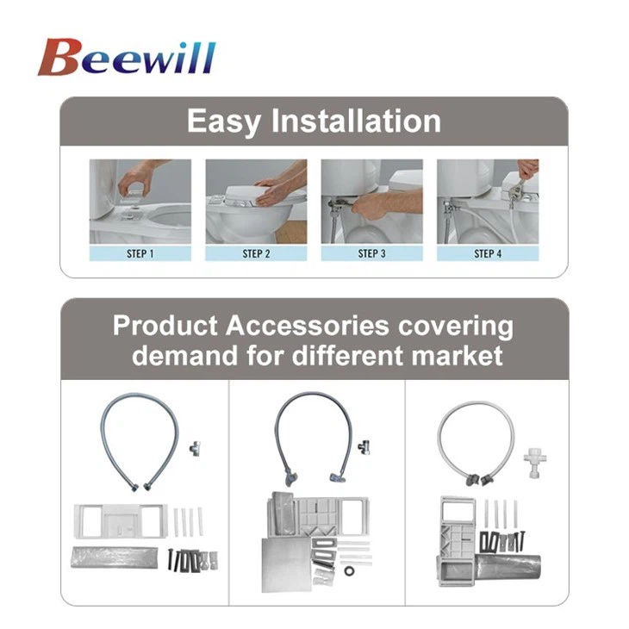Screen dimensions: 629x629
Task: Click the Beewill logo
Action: click(127, 57)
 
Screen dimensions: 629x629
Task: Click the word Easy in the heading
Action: click(224, 121)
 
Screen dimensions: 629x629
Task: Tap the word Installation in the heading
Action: click(356, 121)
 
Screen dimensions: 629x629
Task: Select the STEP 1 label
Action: click(140, 253)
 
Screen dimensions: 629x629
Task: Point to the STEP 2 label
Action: click(256, 253)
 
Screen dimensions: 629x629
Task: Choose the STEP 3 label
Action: click(372, 253)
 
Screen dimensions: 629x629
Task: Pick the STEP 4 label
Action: click(488, 253)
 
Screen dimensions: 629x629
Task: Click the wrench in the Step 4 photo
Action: click(518, 190)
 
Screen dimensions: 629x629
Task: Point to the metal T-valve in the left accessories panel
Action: click(196, 448)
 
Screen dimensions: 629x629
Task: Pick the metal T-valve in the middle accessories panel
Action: click(364, 446)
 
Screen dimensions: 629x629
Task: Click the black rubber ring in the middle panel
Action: click(349, 570)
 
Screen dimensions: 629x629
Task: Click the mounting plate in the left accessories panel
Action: click(121, 521)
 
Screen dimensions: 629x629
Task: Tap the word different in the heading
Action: click(345, 355)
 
